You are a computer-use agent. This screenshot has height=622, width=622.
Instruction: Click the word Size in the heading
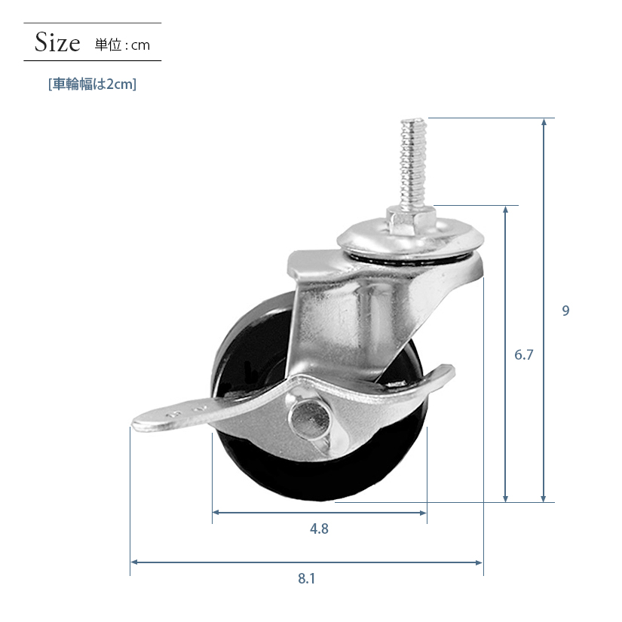point(57,42)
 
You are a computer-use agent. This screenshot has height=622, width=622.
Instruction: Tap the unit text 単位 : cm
point(122,44)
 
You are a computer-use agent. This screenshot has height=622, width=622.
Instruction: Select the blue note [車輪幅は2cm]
point(93,84)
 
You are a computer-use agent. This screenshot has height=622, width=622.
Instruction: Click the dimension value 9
point(565,311)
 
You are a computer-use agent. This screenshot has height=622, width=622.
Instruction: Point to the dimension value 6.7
point(524,354)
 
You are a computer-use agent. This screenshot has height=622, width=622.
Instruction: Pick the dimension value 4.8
point(319,529)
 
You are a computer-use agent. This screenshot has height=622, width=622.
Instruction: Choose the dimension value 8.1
point(307,579)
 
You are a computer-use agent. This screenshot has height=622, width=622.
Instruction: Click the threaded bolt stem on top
point(413,164)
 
